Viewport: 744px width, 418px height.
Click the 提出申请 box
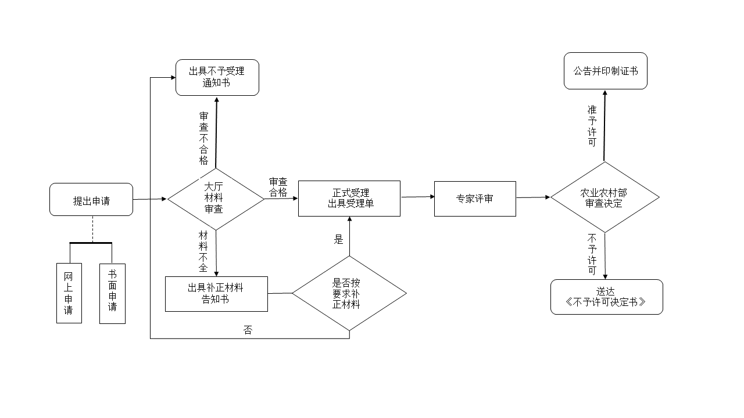pyautogui.click(x=91, y=200)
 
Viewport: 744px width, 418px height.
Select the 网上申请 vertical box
pyautogui.click(x=69, y=293)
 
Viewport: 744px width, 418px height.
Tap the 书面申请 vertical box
pyautogui.click(x=112, y=293)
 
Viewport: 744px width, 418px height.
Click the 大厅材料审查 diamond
pyautogui.click(x=215, y=199)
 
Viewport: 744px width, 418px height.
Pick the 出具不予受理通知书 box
pyautogui.click(x=217, y=77)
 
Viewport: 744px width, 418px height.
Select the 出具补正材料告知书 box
pyautogui.click(x=216, y=294)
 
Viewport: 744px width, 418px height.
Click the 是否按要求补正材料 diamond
pyautogui.click(x=349, y=293)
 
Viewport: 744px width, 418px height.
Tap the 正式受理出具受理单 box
pyautogui.click(x=349, y=199)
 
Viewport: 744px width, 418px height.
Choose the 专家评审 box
pyautogui.click(x=474, y=199)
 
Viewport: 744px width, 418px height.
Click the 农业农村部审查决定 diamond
pyautogui.click(x=604, y=198)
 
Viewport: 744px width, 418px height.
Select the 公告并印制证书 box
pyautogui.click(x=605, y=71)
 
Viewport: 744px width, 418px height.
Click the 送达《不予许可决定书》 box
pyautogui.click(x=606, y=297)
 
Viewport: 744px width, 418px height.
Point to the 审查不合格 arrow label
pyautogui.click(x=204, y=138)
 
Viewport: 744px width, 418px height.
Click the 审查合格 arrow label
pyautogui.click(x=278, y=188)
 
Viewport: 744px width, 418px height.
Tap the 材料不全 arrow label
pyautogui.click(x=203, y=251)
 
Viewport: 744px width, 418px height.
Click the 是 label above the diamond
pyautogui.click(x=339, y=239)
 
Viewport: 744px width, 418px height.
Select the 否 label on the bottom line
pyautogui.click(x=248, y=330)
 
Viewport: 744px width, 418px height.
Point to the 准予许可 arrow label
pyautogui.click(x=592, y=125)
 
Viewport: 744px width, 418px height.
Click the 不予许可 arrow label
pyautogui.click(x=592, y=254)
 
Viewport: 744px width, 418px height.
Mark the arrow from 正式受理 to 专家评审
pyautogui.click(x=417, y=197)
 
